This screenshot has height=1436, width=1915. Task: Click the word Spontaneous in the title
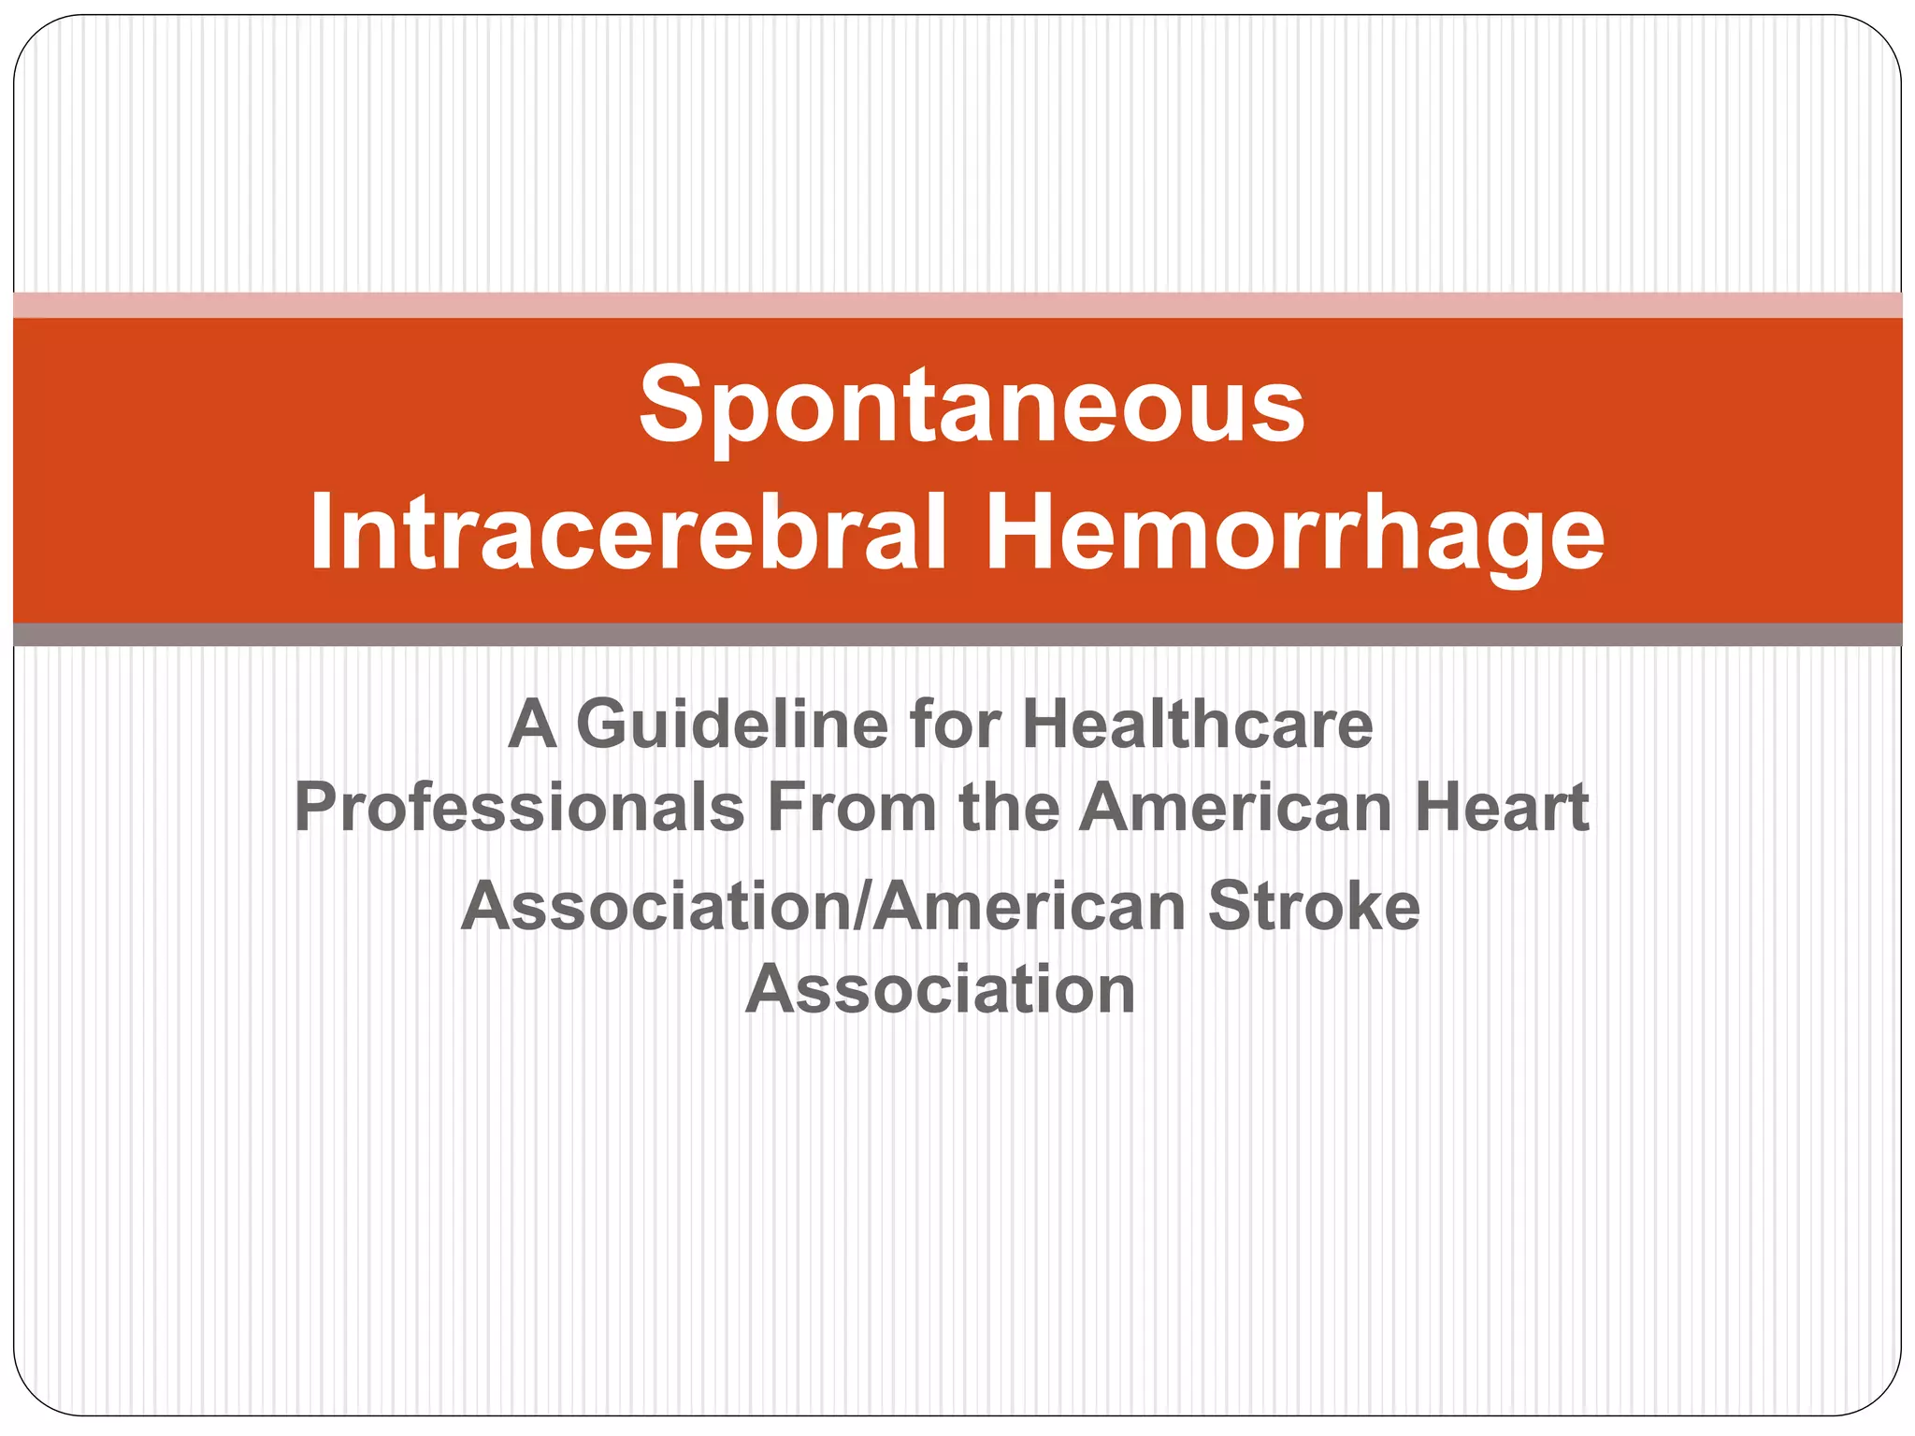pos(972,407)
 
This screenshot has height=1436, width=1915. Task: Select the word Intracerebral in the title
pos(627,534)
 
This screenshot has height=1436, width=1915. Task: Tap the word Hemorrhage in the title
pos(1295,534)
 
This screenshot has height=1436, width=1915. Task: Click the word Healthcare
pos(1198,725)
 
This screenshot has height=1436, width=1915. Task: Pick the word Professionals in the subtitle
pos(519,808)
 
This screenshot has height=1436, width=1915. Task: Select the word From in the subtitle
pos(852,808)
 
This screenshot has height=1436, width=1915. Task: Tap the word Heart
pos(1502,808)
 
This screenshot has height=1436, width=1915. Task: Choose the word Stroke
pos(1314,907)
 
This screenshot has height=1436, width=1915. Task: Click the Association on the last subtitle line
pos(940,989)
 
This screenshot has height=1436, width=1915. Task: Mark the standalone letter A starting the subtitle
pos(532,725)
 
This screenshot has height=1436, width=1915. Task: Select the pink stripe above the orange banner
pos(957,305)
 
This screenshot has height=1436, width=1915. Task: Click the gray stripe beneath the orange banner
pos(957,635)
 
